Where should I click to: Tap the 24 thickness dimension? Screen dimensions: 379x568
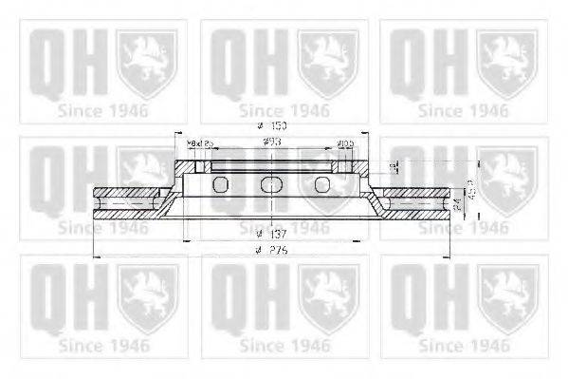[x=456, y=201]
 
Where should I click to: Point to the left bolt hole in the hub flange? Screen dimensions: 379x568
[x=201, y=168]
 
